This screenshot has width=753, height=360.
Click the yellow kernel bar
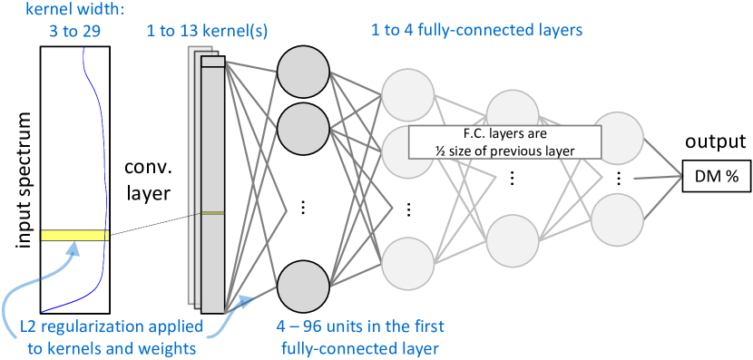pyautogui.click(x=74, y=236)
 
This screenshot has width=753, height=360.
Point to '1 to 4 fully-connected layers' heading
pyautogui.click(x=476, y=31)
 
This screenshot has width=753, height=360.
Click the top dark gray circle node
pyautogui.click(x=303, y=71)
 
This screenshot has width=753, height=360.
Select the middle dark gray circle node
pyautogui.click(x=303, y=129)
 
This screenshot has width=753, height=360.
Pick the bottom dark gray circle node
pyautogui.click(x=303, y=286)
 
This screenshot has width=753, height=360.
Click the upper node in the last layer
pyautogui.click(x=618, y=138)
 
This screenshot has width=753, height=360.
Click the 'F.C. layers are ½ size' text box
pyautogui.click(x=505, y=141)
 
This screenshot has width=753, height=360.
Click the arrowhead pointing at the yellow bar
pyautogui.click(x=79, y=248)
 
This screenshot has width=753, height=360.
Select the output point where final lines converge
pyautogui.click(x=681, y=176)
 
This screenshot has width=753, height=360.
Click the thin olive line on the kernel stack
pyautogui.click(x=212, y=213)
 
